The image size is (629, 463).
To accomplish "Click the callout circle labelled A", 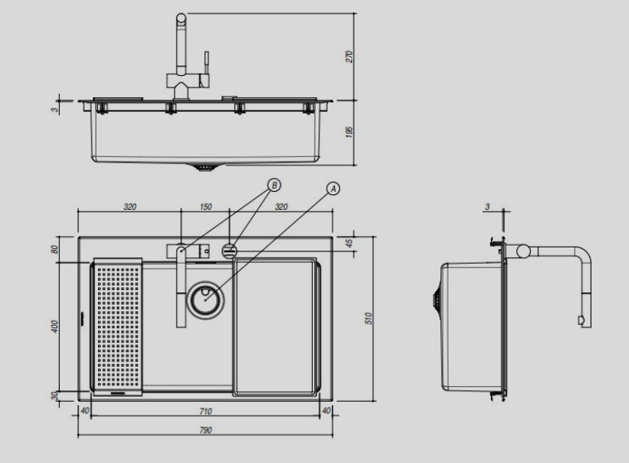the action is click(333, 189).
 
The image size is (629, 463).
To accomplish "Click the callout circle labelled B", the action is click(274, 185).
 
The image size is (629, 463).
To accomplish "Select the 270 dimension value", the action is click(349, 56).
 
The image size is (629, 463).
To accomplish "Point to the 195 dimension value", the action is click(349, 132).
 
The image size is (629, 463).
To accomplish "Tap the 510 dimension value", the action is click(369, 318).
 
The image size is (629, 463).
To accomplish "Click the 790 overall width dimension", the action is click(205, 430).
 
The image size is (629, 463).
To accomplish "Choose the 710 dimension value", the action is click(205, 411).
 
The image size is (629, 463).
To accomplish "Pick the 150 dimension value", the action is click(205, 207).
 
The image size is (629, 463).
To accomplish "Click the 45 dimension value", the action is click(350, 243).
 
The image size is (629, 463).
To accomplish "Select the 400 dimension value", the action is click(56, 326).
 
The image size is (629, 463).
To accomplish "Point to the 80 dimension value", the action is click(55, 249).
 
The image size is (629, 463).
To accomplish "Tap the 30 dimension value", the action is click(55, 396).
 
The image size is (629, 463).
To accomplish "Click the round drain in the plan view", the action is click(205, 301).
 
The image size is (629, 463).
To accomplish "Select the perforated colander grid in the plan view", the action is click(118, 326).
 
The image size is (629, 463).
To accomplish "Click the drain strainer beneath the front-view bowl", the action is click(205, 167).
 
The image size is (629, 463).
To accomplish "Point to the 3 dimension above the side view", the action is click(488, 207).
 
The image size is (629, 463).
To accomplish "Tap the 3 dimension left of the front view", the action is click(55, 109).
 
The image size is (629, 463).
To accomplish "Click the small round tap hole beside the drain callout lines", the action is click(230, 250).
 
